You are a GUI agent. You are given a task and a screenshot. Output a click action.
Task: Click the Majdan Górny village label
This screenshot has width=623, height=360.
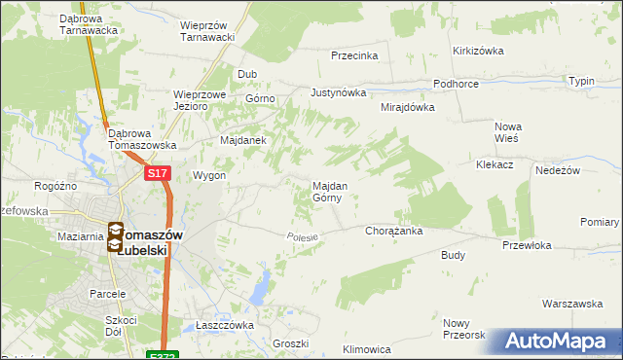(327, 191)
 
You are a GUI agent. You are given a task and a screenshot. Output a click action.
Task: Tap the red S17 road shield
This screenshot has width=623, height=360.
(159, 173)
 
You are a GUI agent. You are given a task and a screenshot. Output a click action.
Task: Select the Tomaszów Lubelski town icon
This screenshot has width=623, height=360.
(116, 237)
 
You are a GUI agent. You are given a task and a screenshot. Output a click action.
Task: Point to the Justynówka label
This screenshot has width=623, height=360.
(338, 93)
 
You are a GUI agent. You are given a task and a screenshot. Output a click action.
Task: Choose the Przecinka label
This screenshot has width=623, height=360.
(353, 55)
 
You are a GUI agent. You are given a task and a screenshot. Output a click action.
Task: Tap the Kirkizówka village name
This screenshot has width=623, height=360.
(477, 50)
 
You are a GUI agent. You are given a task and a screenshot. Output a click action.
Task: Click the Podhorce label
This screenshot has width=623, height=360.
(456, 85)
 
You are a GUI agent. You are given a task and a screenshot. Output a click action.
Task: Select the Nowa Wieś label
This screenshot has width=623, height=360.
(508, 132)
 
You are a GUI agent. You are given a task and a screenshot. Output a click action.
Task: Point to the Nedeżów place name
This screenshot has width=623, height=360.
(558, 170)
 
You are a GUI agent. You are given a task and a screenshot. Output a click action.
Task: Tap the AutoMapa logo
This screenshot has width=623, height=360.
(556, 342)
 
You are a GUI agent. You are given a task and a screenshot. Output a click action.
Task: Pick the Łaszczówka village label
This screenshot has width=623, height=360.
(224, 325)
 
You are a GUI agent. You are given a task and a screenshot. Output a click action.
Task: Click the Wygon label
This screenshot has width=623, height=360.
(210, 176)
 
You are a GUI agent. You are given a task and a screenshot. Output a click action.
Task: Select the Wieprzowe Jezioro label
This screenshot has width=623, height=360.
(200, 101)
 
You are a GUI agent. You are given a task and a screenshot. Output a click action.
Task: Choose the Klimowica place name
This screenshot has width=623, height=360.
(367, 348)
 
